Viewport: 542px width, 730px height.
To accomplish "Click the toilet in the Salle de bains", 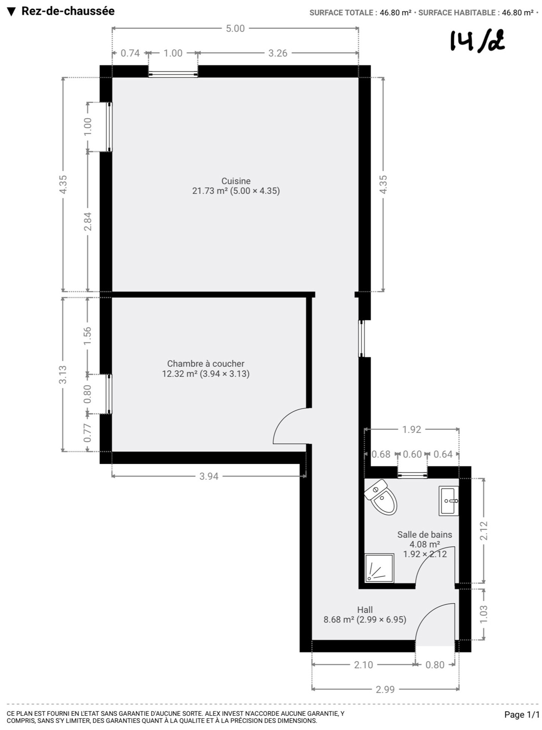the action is (381, 497).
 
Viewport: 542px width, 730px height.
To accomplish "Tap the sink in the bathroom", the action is (449, 501).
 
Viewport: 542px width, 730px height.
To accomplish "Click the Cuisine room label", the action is (236, 181).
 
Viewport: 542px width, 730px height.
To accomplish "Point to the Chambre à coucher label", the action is (205, 363).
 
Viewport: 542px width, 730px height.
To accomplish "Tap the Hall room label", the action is (365, 610).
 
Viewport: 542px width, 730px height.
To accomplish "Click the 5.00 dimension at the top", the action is (235, 28).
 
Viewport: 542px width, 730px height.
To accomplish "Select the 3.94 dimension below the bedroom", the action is (209, 476).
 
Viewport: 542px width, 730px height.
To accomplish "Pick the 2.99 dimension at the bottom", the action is (385, 689).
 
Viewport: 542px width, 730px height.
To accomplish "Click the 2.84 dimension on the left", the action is (88, 221).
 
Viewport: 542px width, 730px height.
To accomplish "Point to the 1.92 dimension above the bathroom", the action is (412, 429).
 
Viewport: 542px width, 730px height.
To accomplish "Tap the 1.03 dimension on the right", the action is (483, 614).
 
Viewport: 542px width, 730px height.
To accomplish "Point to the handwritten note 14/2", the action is (477, 42).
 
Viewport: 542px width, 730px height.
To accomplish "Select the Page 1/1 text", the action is (522, 714).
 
